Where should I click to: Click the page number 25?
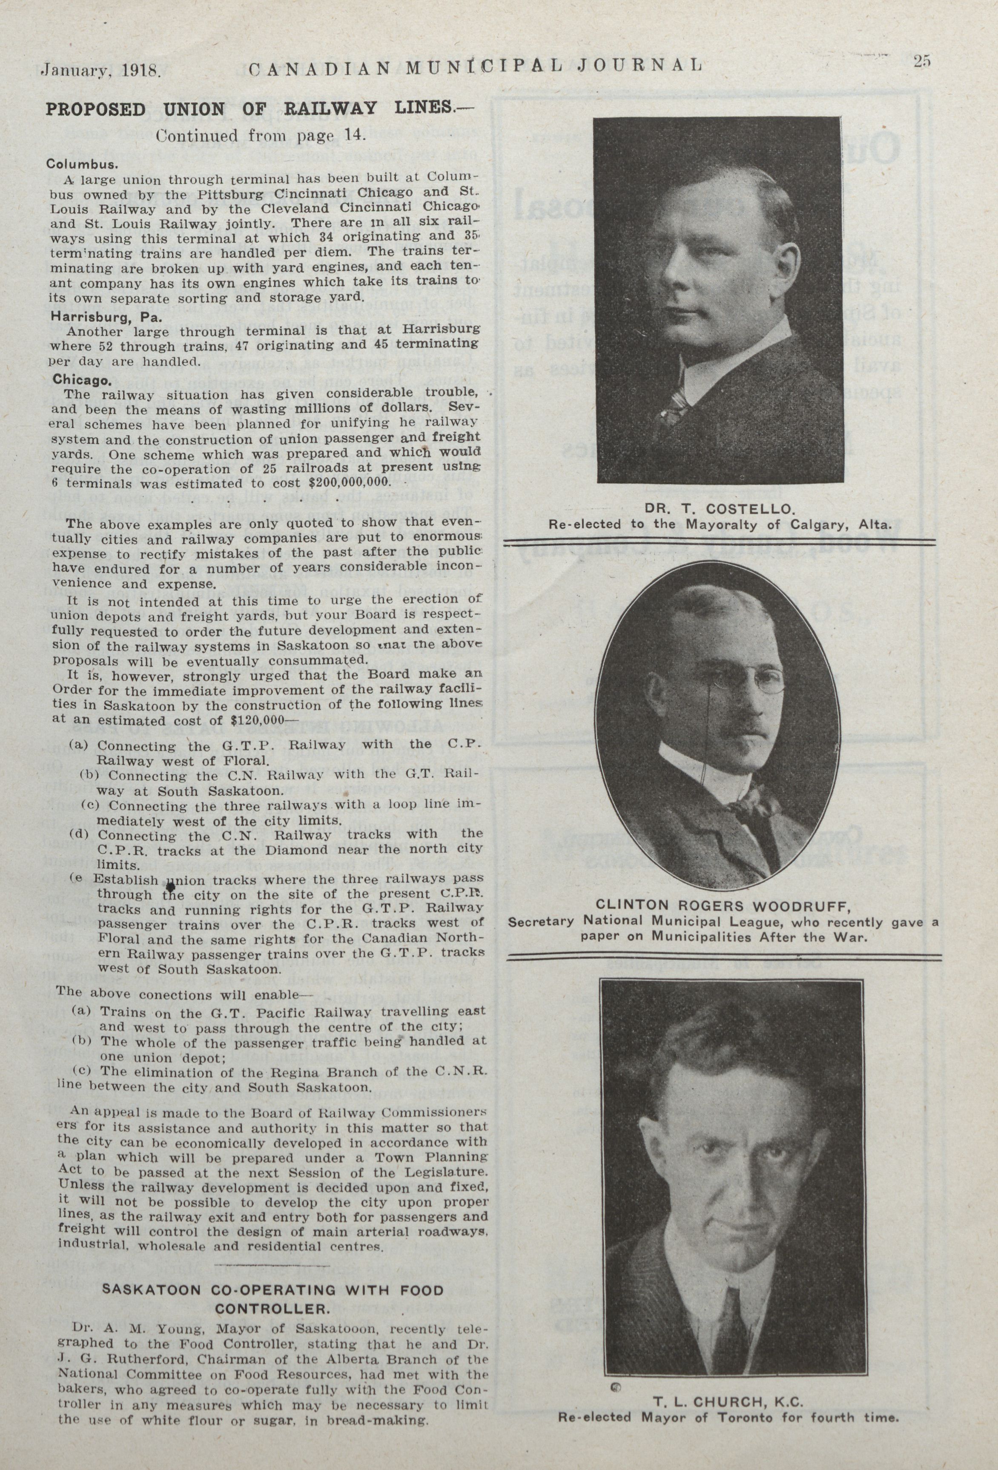(x=921, y=61)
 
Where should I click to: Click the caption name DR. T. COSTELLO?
(x=719, y=509)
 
